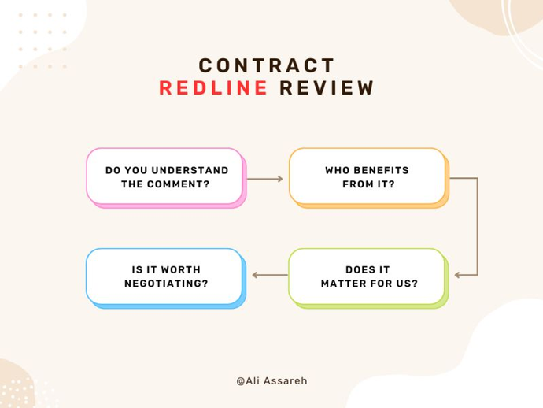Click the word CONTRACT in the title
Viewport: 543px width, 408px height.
[267, 65]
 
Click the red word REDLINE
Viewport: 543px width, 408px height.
[213, 88]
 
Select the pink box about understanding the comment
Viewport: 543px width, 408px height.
[164, 176]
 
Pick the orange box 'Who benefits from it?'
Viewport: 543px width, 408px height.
[367, 176]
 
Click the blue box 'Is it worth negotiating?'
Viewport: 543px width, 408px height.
[164, 276]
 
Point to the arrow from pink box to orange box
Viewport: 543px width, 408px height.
[264, 179]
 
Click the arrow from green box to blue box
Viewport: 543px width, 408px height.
[269, 275]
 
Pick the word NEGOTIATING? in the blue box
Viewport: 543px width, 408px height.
[166, 284]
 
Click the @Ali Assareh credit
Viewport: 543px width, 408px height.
[271, 380]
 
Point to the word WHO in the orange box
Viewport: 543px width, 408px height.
[338, 170]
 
